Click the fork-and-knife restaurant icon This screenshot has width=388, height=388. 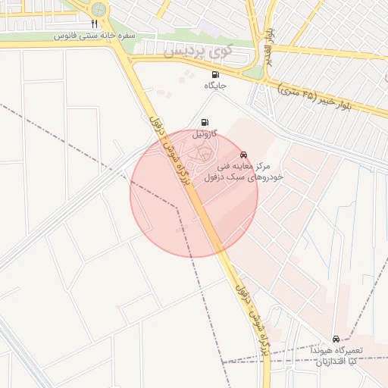pyautogui.click(x=94, y=23)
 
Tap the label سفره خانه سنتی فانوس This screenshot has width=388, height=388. pyautogui.click(x=95, y=36)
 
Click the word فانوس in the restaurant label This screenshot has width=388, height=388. pyautogui.click(x=66, y=36)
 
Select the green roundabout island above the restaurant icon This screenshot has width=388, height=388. pyautogui.click(x=97, y=9)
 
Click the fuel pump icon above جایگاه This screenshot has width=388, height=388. pyautogui.click(x=216, y=74)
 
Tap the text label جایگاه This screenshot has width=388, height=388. pyautogui.click(x=216, y=86)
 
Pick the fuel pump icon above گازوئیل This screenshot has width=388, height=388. pyautogui.click(x=204, y=122)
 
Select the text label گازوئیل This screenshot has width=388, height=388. pyautogui.click(x=204, y=134)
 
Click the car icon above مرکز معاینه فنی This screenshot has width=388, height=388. pyautogui.click(x=243, y=154)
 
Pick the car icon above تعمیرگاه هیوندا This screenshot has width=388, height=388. pyautogui.click(x=335, y=339)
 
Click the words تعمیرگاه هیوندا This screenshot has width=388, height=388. pyautogui.click(x=339, y=351)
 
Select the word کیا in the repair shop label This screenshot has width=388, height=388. pyautogui.click(x=355, y=362)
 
